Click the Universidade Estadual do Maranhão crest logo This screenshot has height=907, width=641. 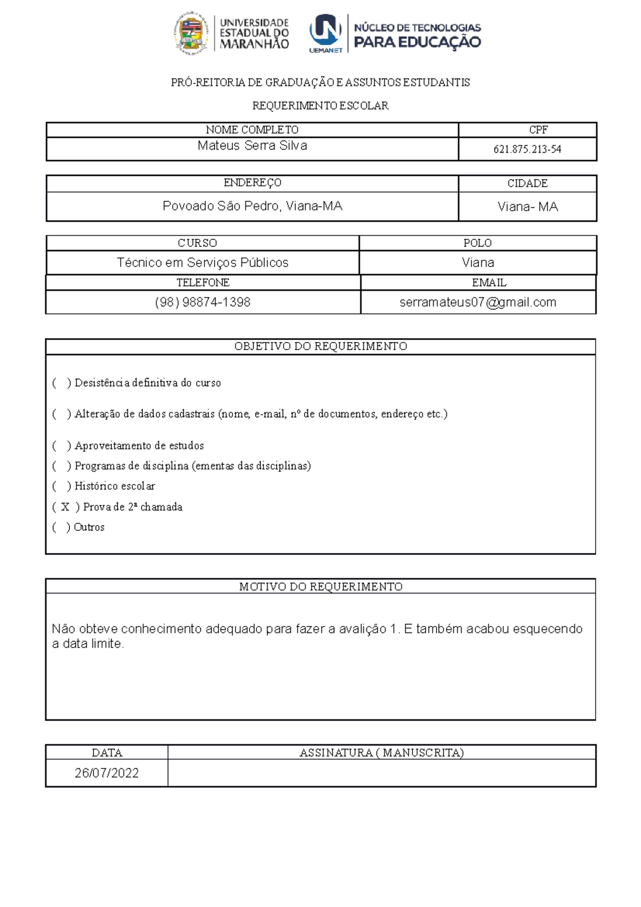190,34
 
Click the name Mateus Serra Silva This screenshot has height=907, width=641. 252,146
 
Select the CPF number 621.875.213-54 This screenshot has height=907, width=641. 527,150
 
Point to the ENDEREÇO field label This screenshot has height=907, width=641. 252,183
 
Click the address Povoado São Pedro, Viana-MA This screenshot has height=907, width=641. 252,206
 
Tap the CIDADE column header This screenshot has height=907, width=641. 527,183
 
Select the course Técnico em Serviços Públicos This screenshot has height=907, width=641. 202,263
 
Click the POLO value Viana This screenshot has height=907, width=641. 478,263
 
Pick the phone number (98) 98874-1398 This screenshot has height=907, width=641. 202,302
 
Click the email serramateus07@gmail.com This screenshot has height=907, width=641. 478,302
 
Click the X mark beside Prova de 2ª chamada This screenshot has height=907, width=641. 65,507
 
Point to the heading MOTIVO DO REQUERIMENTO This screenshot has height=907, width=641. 320,587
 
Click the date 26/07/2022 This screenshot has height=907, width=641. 107,773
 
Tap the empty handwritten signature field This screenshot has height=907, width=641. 381,773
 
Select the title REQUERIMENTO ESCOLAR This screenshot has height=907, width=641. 320,106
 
